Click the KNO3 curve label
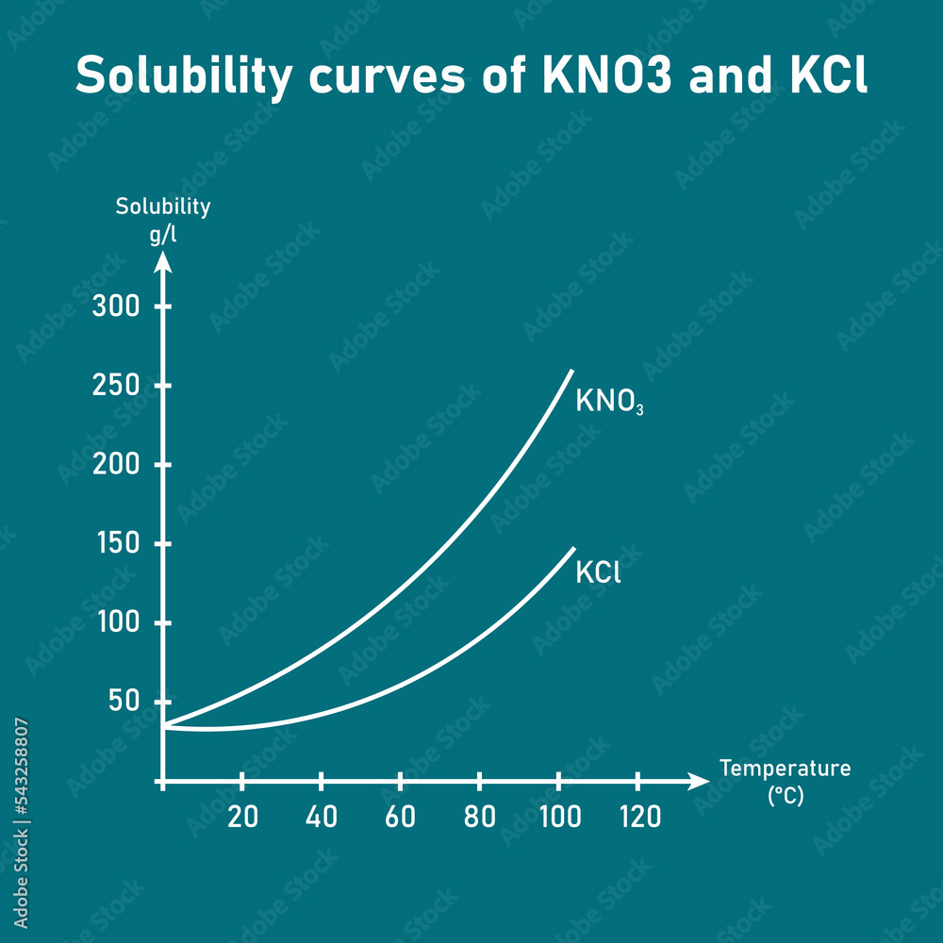[608, 402]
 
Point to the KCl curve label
[598, 572]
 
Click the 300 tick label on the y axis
[116, 307]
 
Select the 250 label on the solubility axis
[116, 387]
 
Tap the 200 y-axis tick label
[116, 466]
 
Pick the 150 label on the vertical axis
[116, 545]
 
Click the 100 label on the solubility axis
[116, 624]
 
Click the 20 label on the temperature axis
[242, 817]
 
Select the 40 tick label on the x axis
[322, 817]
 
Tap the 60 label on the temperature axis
[401, 817]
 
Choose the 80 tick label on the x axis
[480, 817]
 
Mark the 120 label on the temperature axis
[640, 817]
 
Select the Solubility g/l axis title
[163, 220]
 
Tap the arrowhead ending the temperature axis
[699, 781]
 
